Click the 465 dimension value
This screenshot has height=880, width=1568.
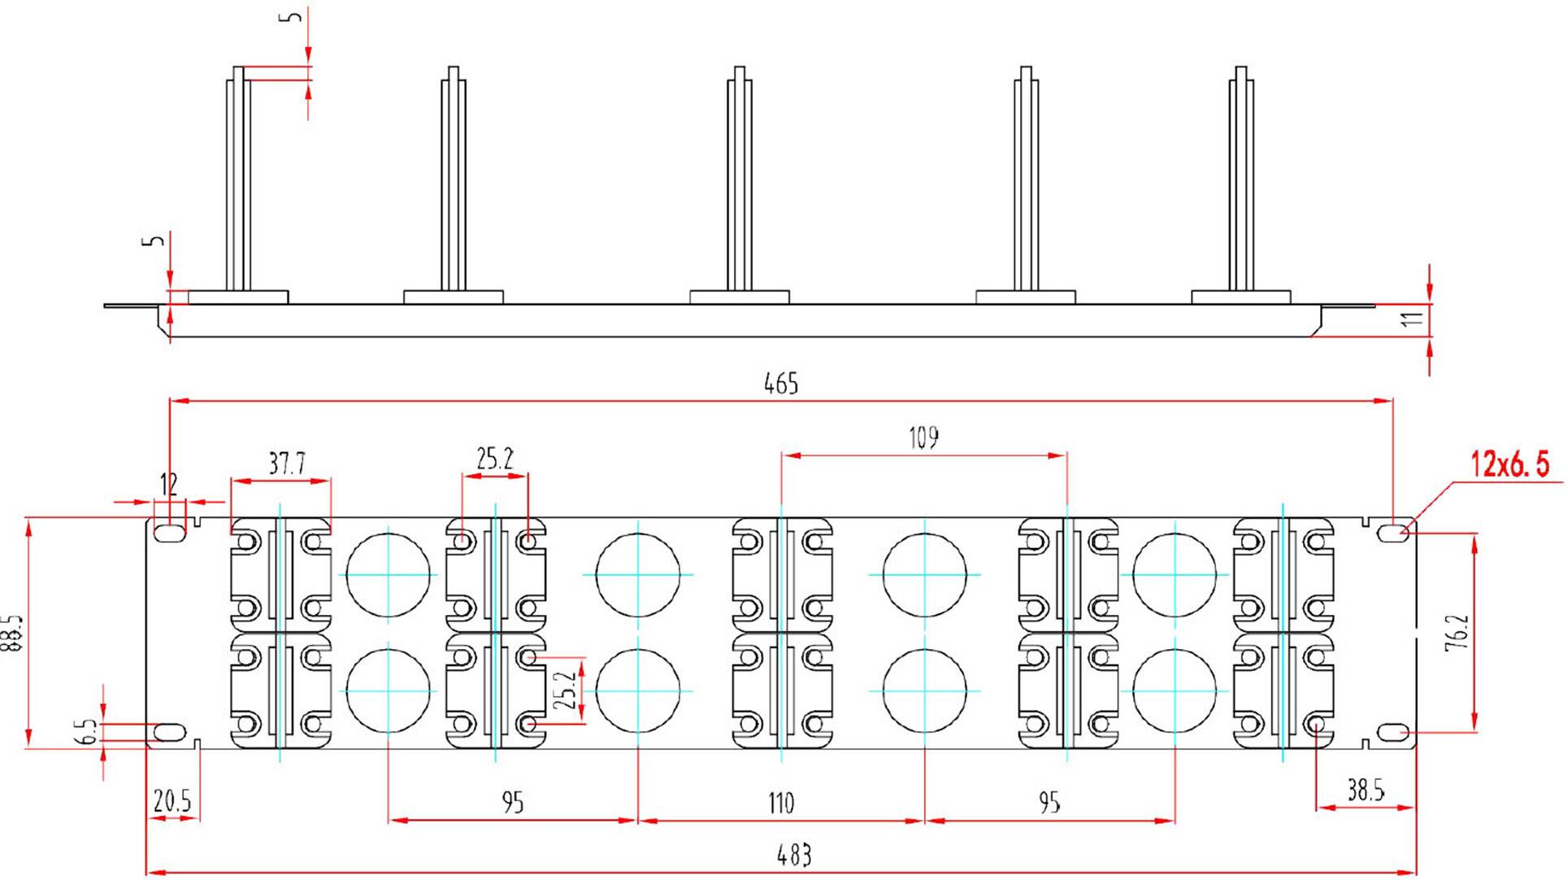click(780, 383)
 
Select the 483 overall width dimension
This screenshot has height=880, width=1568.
click(793, 855)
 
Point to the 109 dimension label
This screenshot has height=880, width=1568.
click(923, 438)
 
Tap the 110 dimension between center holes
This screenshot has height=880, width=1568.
click(780, 804)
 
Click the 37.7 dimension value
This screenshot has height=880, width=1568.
click(286, 464)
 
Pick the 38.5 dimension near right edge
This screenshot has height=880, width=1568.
click(1366, 790)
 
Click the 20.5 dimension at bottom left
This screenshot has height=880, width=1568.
click(172, 802)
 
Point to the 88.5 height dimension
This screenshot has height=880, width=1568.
click(11, 634)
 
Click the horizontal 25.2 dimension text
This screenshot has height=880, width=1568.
click(494, 459)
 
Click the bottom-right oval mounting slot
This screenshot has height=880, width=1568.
click(1392, 734)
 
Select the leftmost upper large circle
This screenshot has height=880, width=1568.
click(389, 574)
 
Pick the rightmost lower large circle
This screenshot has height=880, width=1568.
click(1175, 690)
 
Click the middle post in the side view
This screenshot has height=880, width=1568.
click(739, 179)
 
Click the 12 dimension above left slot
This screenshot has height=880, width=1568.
click(168, 485)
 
